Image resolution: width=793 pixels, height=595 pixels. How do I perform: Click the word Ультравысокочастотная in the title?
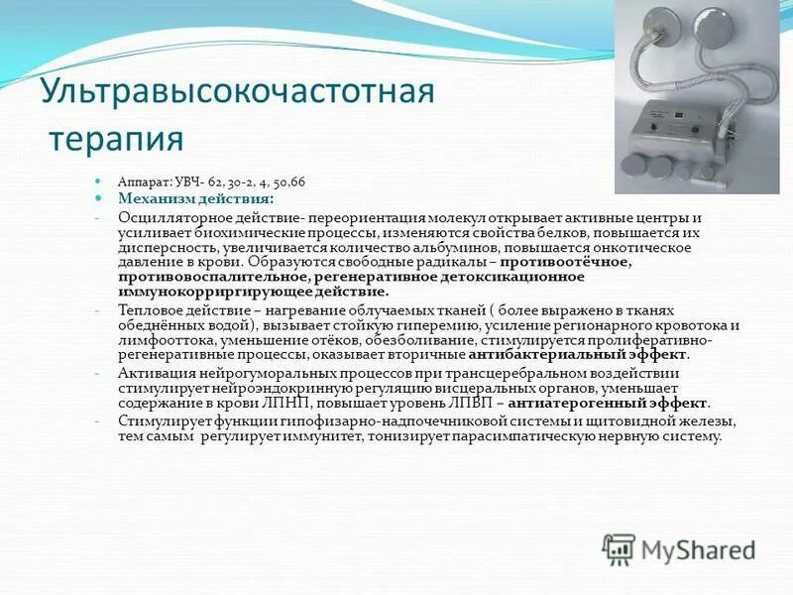click(237, 92)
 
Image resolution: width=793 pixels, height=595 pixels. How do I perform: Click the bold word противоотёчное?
click(565, 263)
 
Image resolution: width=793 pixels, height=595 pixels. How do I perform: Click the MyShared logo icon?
click(619, 548)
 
